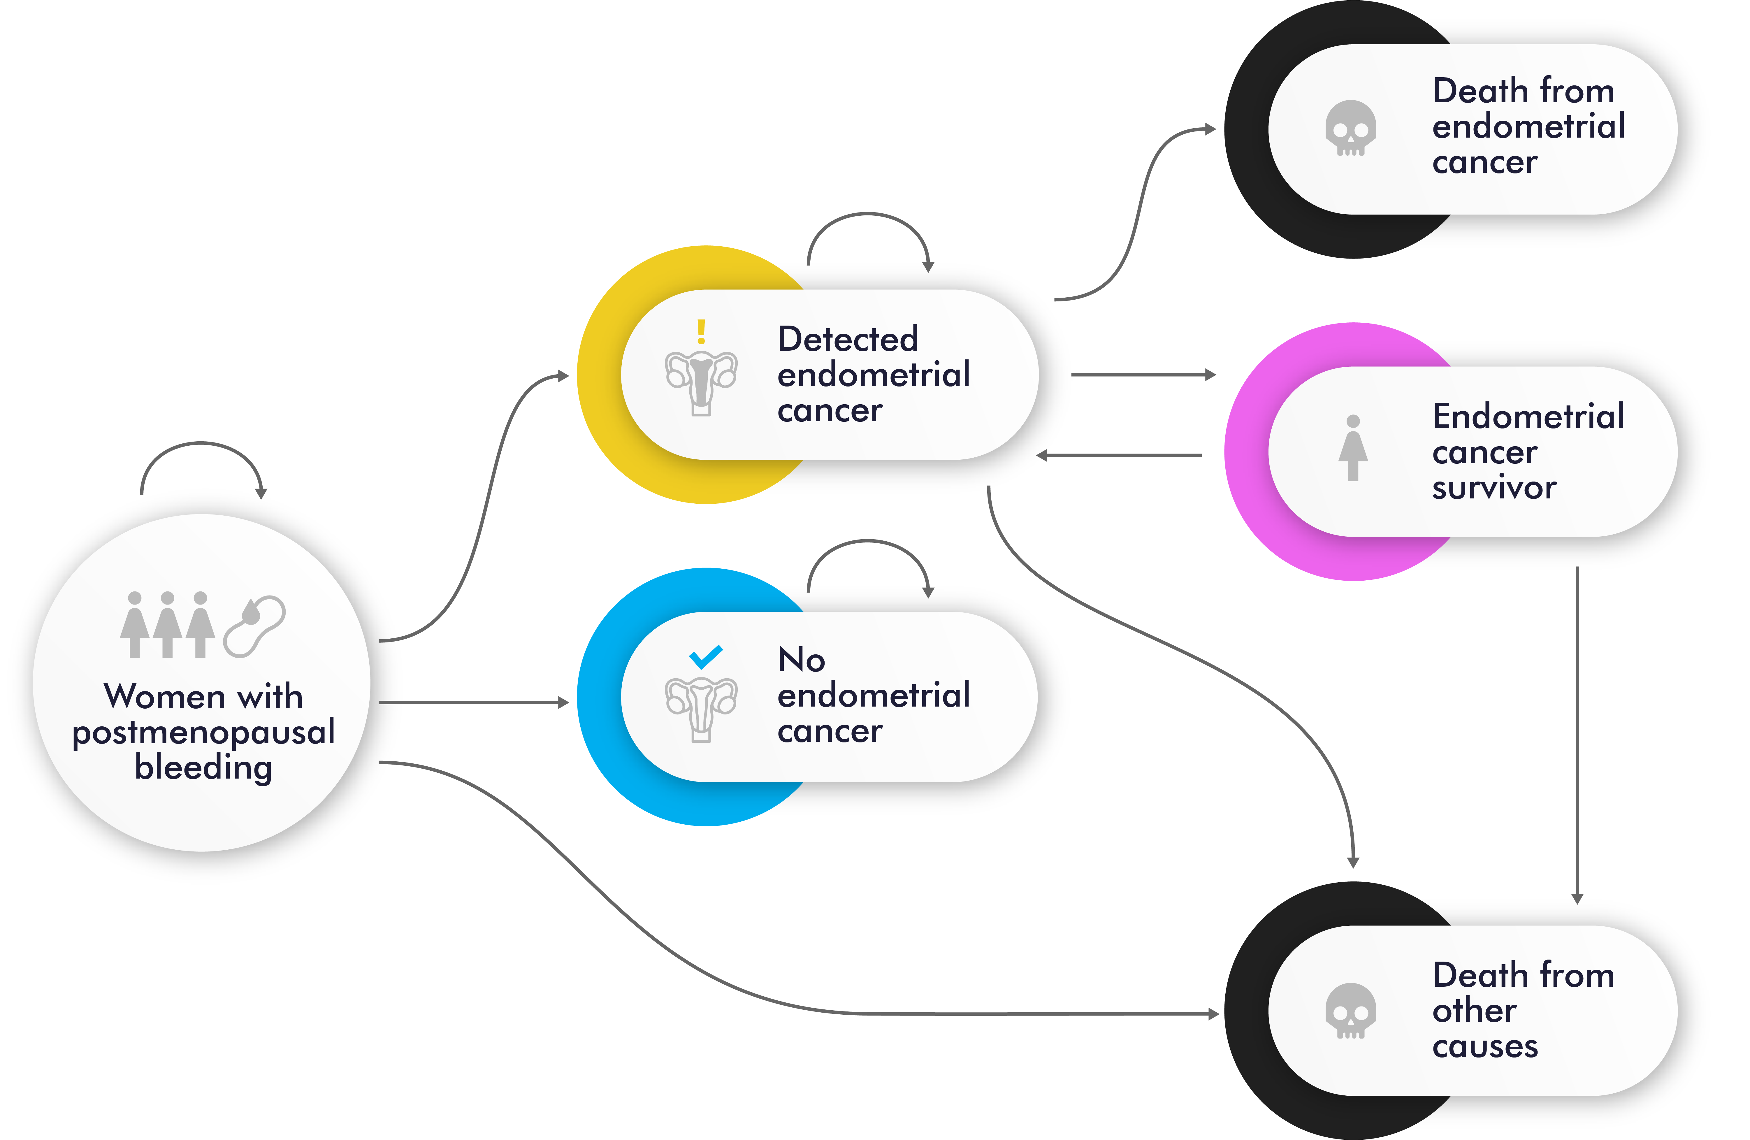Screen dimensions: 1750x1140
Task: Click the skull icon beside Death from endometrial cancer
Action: [1351, 128]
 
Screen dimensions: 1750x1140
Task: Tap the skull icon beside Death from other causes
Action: [1351, 1011]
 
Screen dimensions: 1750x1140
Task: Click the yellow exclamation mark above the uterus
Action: [702, 332]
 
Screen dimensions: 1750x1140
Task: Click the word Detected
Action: [848, 339]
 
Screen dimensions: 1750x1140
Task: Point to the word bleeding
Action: [204, 768]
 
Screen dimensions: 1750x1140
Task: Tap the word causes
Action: [1485, 1047]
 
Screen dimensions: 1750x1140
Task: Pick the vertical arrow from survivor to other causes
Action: [1577, 735]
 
